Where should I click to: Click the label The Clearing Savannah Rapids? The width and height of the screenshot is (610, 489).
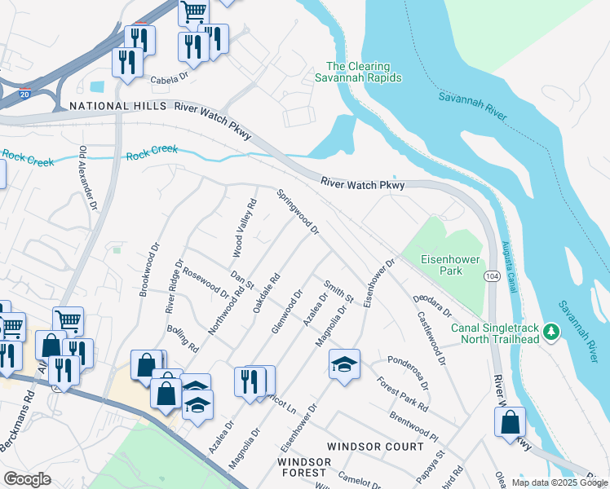click(x=358, y=72)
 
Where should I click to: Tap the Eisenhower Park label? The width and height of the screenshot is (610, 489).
click(x=441, y=265)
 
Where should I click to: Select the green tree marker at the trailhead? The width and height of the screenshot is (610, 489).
click(x=551, y=331)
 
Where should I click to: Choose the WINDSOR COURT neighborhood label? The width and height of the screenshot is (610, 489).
click(x=375, y=447)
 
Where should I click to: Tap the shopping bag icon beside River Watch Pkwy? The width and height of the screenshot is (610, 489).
click(x=510, y=423)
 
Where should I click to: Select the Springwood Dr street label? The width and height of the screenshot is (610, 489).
click(x=298, y=212)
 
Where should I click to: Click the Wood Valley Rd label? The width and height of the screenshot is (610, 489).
click(x=245, y=225)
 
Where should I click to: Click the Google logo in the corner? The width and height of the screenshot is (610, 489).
click(x=27, y=478)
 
